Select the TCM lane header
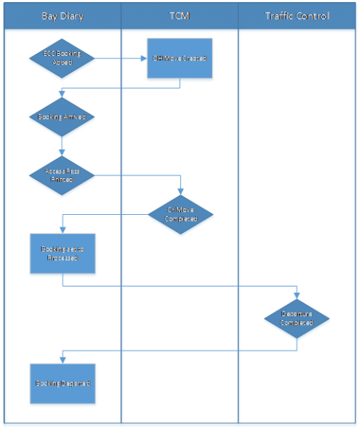point(180,16)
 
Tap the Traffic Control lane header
point(297,16)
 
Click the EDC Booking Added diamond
point(62,59)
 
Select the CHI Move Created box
point(179,59)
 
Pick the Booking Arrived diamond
point(62,116)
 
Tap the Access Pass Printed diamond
point(62,175)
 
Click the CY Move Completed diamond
point(180,214)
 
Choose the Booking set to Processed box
point(62,254)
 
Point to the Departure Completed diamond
point(297,318)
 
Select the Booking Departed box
point(62,383)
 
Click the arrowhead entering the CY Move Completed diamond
point(180,191)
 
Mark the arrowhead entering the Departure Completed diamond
point(297,294)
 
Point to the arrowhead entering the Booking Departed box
point(62,359)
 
